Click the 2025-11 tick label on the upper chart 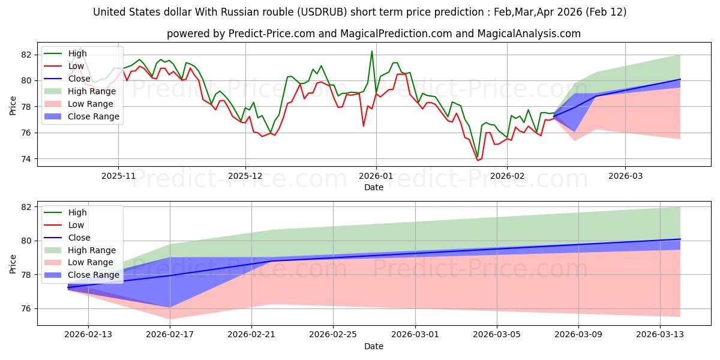click(118, 176)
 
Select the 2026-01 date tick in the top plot click(376, 176)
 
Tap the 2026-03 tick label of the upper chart click(625, 176)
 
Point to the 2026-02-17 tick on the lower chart click(170, 335)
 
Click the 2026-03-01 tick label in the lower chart click(415, 335)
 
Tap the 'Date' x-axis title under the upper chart click(373, 187)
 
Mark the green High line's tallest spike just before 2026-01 click(371, 51)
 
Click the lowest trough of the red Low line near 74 click(478, 160)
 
